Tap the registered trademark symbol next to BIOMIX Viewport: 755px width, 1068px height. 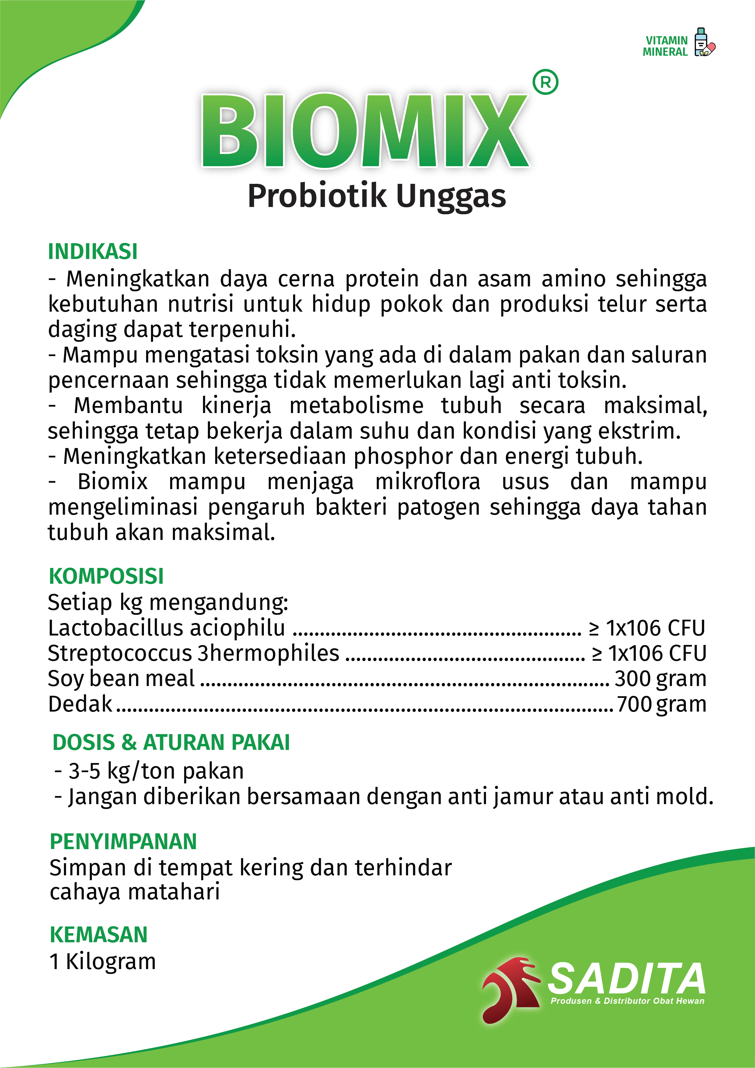coord(545,82)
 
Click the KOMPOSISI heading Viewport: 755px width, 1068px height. coord(106,576)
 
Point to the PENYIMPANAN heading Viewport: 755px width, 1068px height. coord(123,842)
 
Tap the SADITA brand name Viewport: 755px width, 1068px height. coord(626,979)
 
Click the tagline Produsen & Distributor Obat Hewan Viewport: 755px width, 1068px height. coord(627,1001)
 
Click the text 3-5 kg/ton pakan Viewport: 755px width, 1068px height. coord(156,771)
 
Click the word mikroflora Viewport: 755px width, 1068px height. coord(428,482)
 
